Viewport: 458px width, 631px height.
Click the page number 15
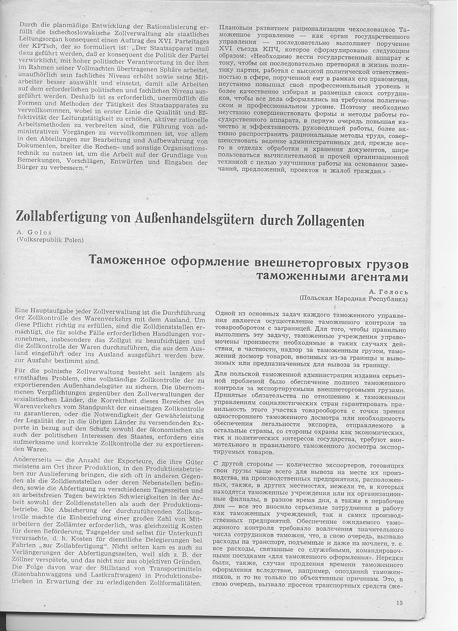[399, 603]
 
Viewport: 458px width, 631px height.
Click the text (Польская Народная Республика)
[353, 298]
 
